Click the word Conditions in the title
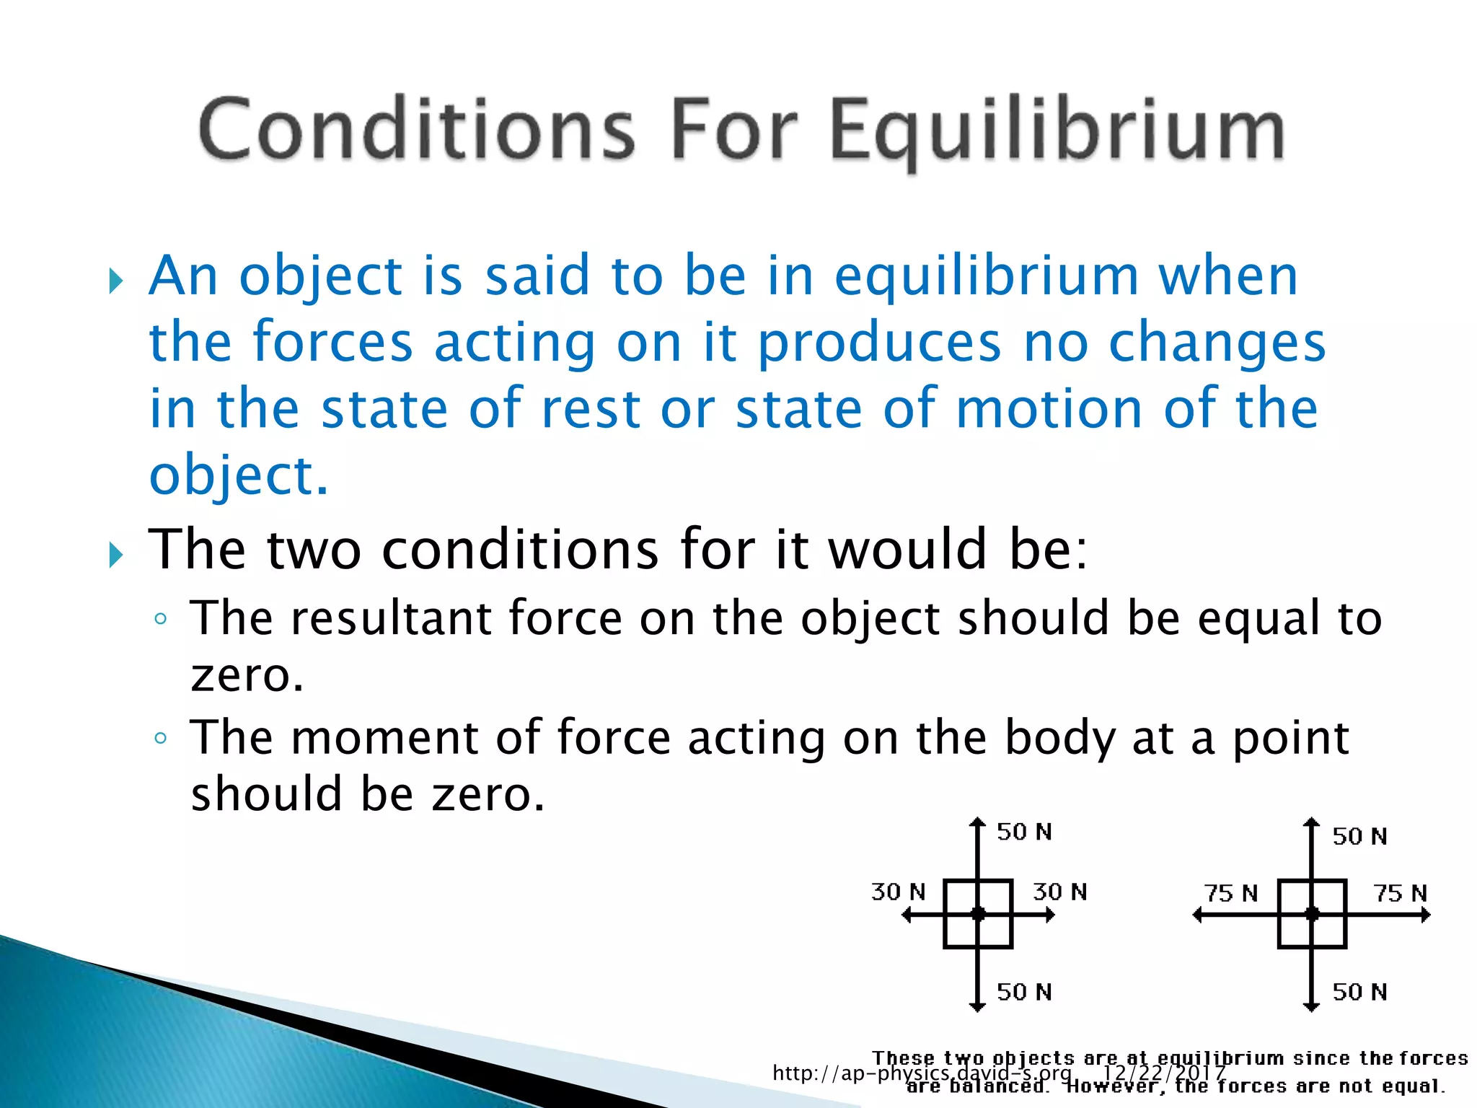point(417,130)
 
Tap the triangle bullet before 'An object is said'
point(116,281)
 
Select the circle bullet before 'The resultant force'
point(160,619)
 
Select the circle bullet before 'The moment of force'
point(160,738)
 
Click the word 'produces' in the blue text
point(879,344)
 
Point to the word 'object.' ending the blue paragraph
point(239,476)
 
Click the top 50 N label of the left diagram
point(1024,832)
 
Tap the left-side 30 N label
point(898,892)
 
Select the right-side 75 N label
point(1400,894)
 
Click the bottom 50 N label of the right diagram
point(1359,992)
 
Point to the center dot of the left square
point(978,915)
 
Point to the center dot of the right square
point(1313,915)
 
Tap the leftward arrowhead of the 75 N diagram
point(1198,915)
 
